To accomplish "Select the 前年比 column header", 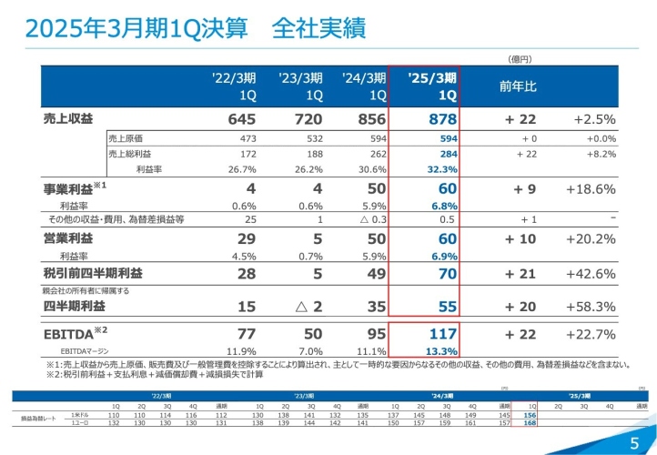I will (518, 86).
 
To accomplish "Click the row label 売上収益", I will (68, 119).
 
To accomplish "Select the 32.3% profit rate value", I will (440, 169).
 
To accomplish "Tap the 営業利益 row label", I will (68, 238).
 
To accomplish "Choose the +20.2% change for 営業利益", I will (591, 238).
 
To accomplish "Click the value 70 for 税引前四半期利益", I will (446, 272).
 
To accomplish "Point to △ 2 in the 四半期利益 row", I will (313, 307).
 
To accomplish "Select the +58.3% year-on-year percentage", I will (591, 307).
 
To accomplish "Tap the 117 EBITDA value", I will (440, 334).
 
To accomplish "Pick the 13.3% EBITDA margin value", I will (440, 351).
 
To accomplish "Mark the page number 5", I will (634, 442).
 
